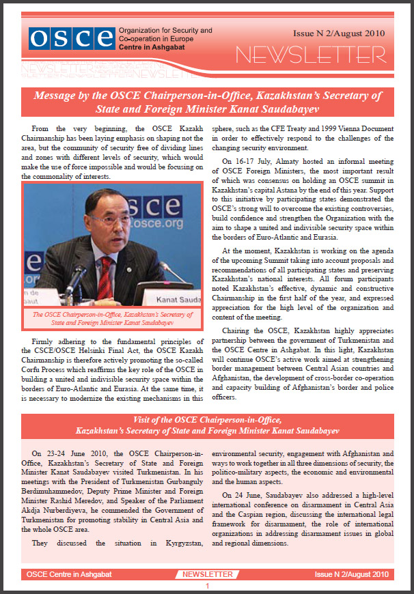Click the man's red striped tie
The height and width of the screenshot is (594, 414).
tap(107, 273)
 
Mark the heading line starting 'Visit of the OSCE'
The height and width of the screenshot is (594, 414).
tap(207, 419)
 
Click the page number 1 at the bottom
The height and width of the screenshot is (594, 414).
tap(207, 586)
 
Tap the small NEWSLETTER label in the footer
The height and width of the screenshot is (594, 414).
tap(207, 574)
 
